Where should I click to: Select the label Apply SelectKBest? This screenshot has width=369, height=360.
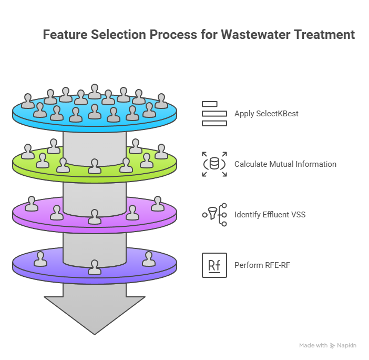(266, 113)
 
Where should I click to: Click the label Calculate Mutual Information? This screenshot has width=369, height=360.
(285, 164)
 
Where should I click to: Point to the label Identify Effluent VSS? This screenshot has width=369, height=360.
(270, 215)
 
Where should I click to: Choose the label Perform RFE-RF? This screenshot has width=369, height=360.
(262, 265)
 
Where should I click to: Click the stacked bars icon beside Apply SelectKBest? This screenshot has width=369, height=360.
(214, 113)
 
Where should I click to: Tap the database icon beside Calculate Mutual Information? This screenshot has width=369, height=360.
(214, 164)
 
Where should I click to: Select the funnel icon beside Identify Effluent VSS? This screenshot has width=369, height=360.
(214, 215)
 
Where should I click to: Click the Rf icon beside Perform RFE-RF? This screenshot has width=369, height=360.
(214, 265)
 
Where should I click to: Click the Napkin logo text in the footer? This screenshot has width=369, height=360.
(347, 345)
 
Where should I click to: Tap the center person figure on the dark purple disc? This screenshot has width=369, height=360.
(95, 267)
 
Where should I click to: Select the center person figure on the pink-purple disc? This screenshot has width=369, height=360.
(95, 216)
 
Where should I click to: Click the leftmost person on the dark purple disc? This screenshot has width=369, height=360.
(40, 258)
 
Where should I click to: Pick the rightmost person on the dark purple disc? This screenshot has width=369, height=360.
(148, 258)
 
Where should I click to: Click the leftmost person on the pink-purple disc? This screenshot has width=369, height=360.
(32, 204)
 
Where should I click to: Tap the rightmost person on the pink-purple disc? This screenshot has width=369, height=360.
(158, 203)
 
